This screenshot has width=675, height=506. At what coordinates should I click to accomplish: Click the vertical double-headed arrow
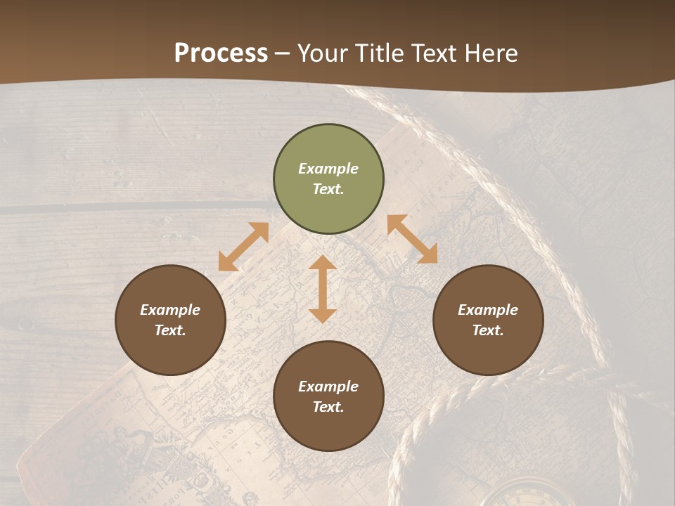point(323,289)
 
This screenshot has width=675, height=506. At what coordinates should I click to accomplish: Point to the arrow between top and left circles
point(243,247)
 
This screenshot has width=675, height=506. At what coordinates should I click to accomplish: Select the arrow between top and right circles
point(412,239)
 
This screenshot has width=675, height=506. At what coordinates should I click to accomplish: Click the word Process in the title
point(221,53)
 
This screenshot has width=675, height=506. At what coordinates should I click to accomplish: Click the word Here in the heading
point(491,53)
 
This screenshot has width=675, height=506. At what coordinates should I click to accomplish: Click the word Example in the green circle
point(328,169)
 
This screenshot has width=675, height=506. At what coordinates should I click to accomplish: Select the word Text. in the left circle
point(170,330)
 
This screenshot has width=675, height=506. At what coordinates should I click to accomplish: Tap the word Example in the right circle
point(488,310)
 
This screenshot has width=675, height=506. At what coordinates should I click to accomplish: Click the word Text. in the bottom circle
point(328,407)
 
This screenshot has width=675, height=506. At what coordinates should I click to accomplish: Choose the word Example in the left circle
point(170,310)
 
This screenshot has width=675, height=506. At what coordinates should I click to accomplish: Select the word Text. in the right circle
point(488,330)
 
